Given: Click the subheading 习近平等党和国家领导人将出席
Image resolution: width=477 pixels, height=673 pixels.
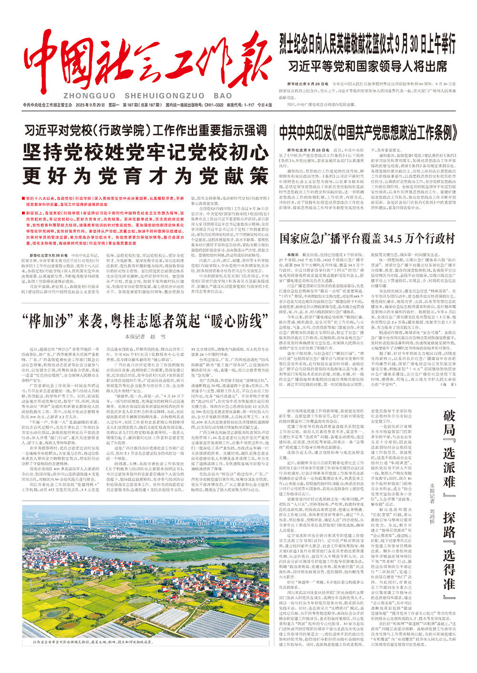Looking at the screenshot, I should coord(367,65).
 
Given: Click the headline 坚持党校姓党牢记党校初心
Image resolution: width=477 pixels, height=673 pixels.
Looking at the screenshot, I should coord(145,153).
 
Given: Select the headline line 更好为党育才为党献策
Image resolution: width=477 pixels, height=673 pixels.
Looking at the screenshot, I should coord(145,176).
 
